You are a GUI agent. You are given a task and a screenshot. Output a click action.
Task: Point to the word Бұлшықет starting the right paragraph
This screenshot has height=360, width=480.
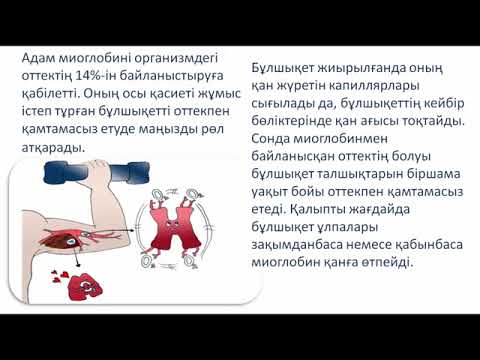286,67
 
